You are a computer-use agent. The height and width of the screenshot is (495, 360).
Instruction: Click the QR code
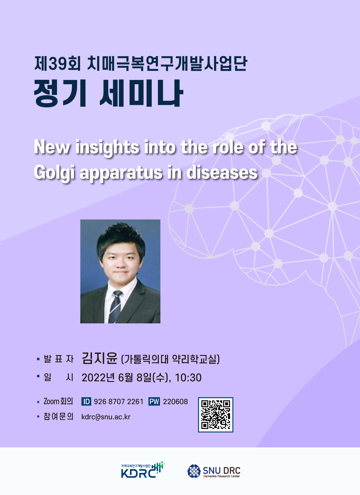click(x=216, y=415)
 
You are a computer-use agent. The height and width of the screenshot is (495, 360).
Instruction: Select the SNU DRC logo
click(x=214, y=471)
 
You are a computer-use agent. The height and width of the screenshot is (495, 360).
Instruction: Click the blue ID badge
click(x=86, y=401)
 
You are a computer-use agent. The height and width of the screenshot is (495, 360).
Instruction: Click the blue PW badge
click(x=154, y=401)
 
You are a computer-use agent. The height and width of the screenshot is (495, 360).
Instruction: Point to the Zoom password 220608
click(x=175, y=401)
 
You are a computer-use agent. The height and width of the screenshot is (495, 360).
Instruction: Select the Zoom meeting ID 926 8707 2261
click(x=119, y=401)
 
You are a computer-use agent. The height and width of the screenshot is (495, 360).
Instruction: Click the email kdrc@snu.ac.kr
click(x=106, y=417)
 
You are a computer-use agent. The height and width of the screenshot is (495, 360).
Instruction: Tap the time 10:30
click(x=188, y=378)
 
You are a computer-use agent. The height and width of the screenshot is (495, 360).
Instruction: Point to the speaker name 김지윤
click(x=100, y=358)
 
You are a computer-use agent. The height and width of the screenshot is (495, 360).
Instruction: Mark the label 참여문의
click(x=58, y=416)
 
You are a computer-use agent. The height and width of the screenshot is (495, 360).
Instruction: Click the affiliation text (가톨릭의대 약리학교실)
click(x=170, y=359)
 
